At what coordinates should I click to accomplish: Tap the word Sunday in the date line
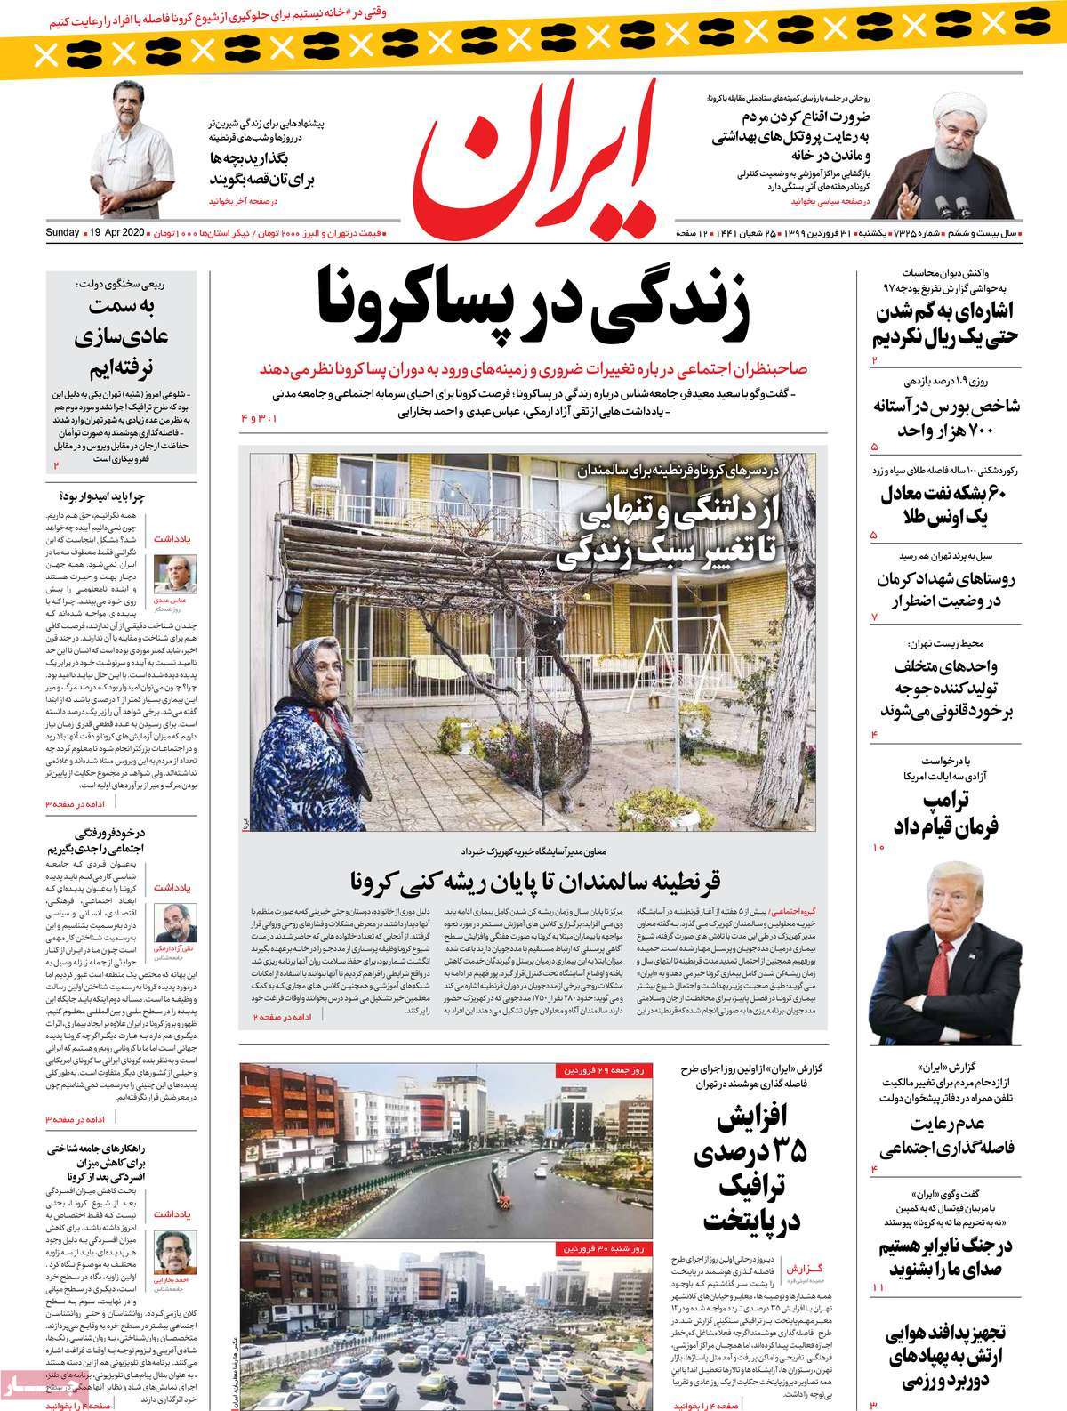tap(63, 233)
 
